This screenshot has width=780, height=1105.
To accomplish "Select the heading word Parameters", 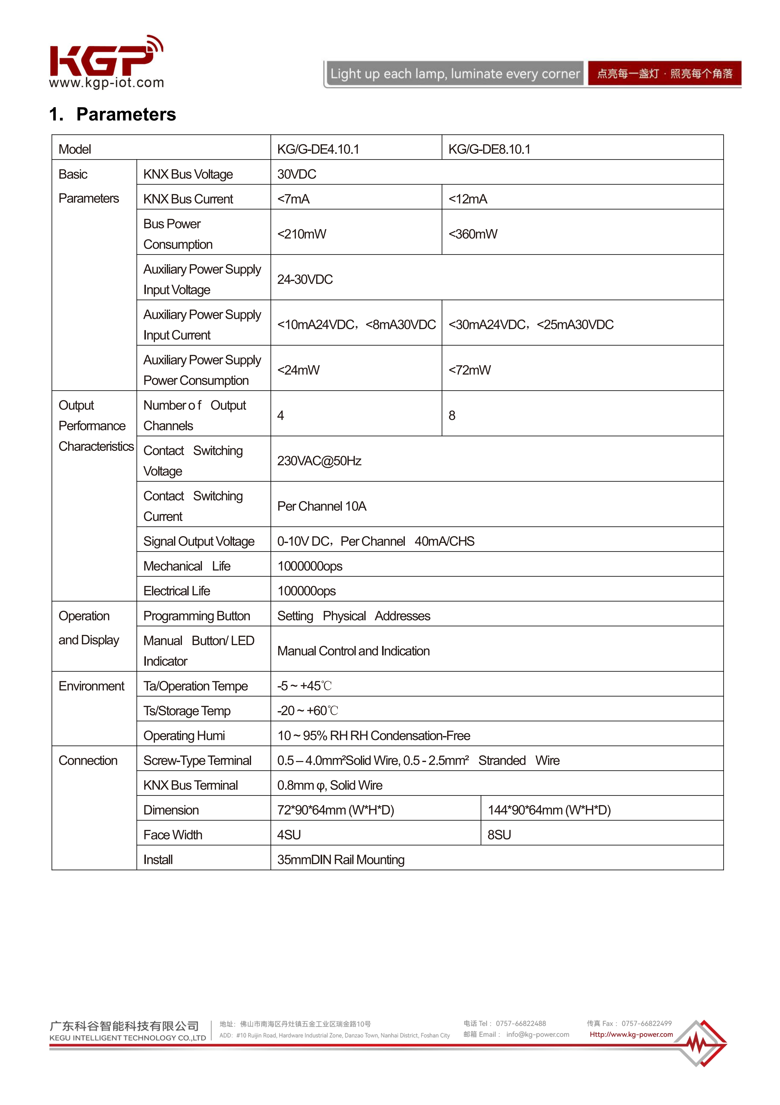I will [x=126, y=115].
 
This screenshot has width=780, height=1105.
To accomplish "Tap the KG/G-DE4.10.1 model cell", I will [x=318, y=149].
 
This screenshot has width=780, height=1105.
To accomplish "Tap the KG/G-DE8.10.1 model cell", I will [x=489, y=149].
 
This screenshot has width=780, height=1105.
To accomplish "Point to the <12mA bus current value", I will [x=468, y=199].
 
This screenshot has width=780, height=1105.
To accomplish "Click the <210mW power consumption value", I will [x=302, y=234].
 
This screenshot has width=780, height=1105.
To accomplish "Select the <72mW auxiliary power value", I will [x=470, y=370].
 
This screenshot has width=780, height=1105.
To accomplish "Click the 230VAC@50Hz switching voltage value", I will [x=319, y=461].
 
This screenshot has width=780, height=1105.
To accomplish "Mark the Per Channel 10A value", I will [x=321, y=506].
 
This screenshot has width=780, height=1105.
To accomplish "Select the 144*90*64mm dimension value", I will [x=549, y=810].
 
